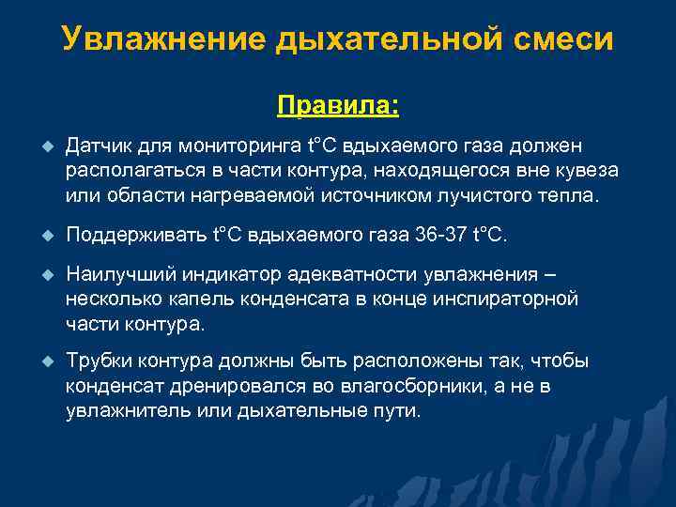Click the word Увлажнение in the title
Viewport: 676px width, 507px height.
[x=163, y=40]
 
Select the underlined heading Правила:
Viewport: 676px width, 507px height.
[x=338, y=104]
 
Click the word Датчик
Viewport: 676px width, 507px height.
[x=100, y=146]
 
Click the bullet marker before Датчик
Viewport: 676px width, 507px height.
[x=42, y=146]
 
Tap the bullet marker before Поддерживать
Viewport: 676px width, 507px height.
[x=42, y=236]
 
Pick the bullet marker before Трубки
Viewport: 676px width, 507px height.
[x=42, y=362]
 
